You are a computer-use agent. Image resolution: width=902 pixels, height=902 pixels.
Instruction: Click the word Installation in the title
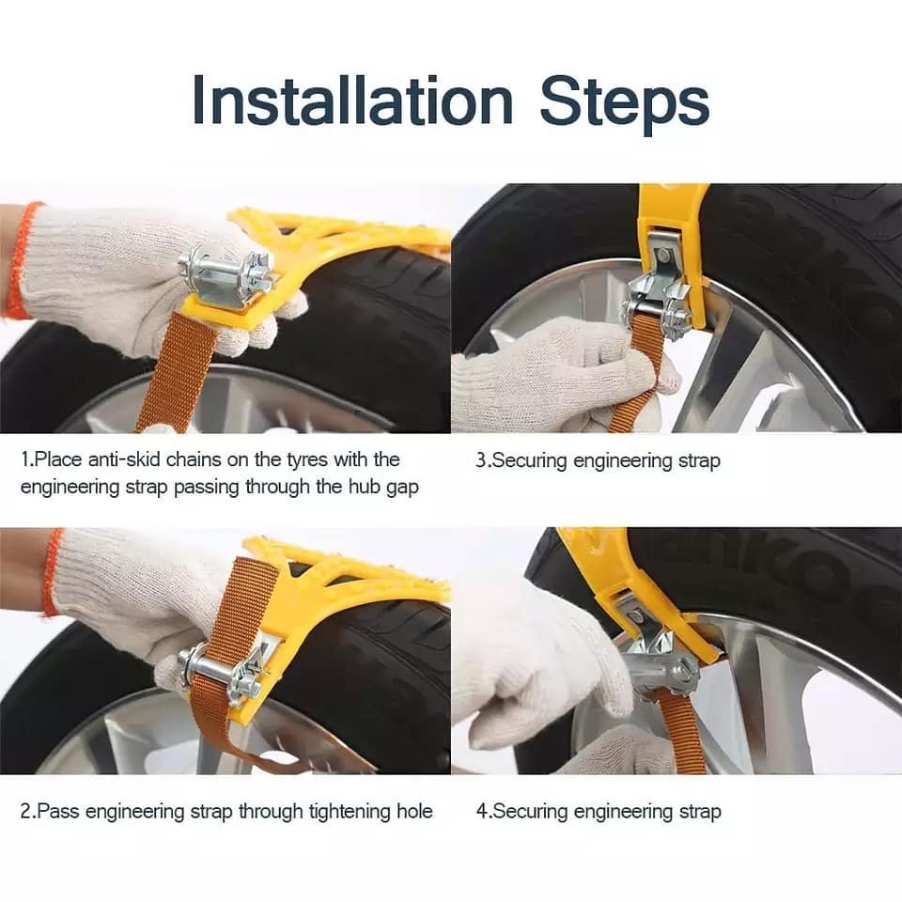[351, 101]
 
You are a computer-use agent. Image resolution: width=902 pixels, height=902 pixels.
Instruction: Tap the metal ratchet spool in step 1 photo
[225, 272]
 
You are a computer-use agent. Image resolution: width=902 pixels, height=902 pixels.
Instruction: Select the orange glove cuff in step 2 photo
[54, 573]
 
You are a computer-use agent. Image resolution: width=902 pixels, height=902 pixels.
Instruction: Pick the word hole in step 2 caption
[414, 811]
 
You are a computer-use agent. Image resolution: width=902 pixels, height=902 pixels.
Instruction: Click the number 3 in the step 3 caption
[481, 460]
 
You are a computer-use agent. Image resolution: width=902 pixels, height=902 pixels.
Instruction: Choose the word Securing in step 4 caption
[531, 812]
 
